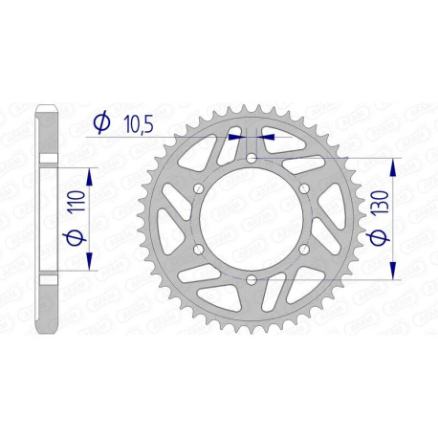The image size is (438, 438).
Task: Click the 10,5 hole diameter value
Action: point(134,121)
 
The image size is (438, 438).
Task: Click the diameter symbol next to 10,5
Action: point(99,121)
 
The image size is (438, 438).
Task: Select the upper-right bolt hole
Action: point(303,188)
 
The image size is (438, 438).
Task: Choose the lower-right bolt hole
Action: point(303,249)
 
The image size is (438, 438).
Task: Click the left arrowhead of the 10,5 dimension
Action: point(240,137)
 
